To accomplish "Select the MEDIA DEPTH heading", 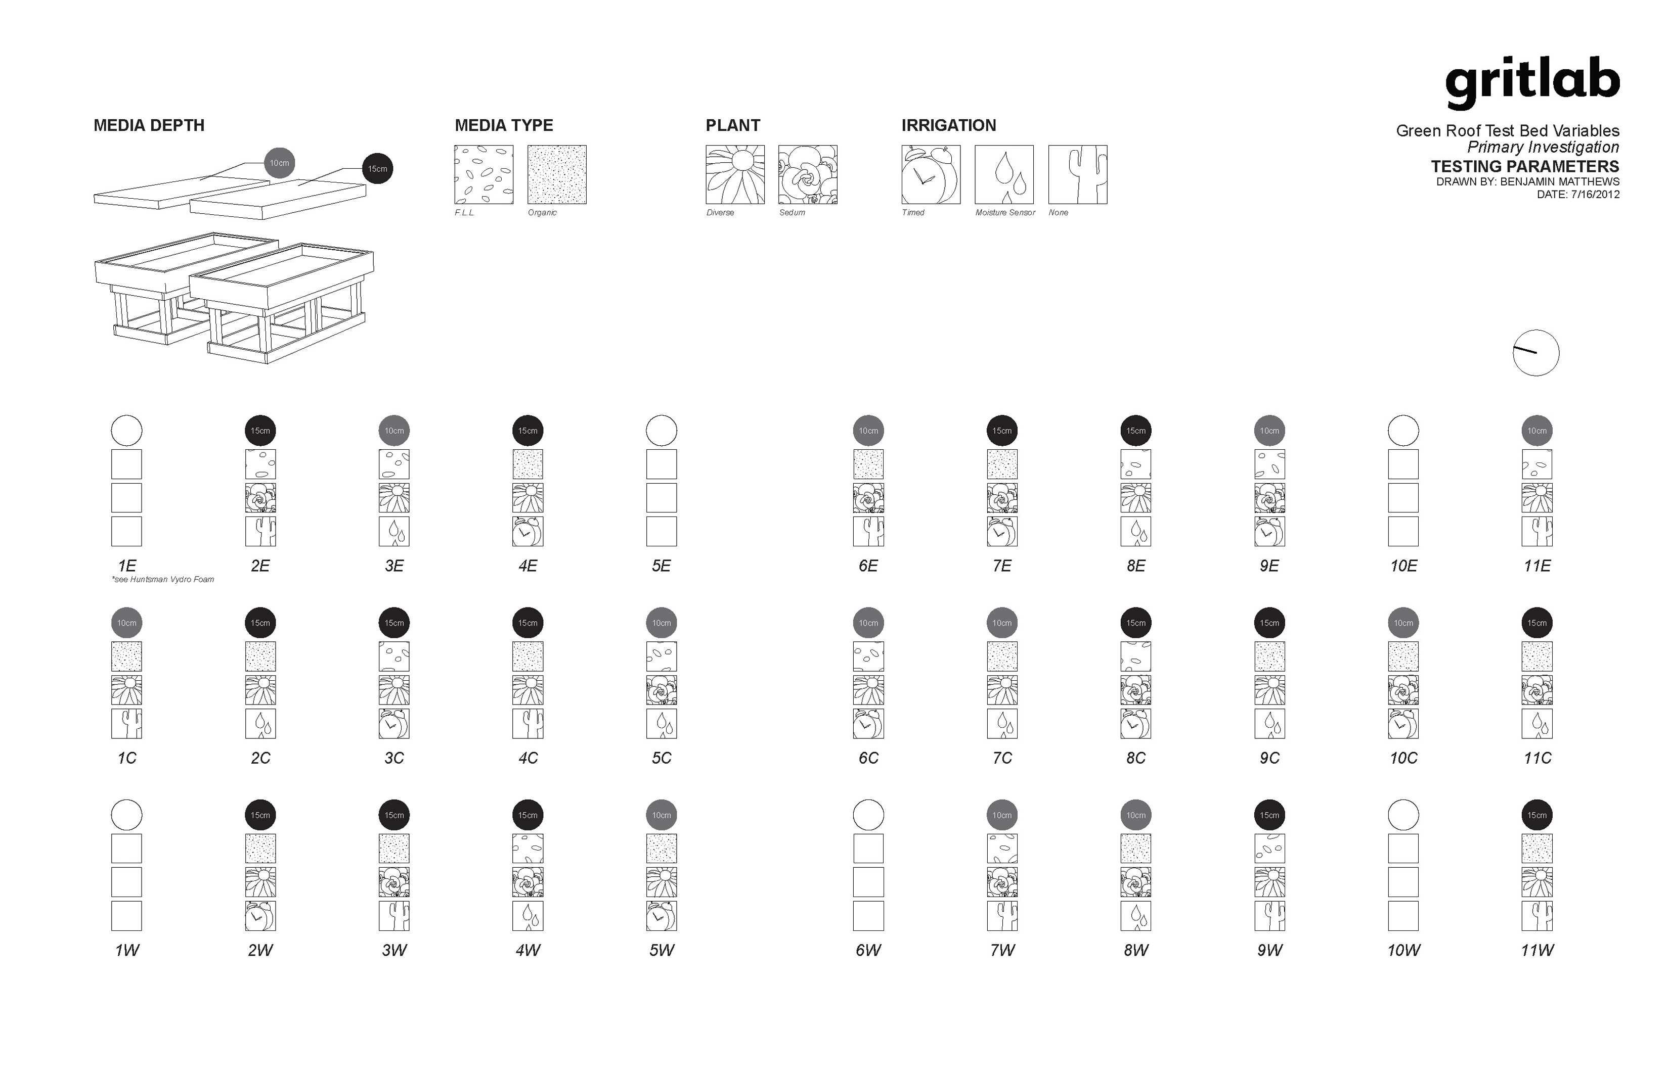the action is coord(149,125).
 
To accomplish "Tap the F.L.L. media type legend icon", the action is coord(484,174).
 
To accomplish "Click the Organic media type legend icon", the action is coord(556,174).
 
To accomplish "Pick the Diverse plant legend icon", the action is coord(734,174).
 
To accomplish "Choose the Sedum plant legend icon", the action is coord(808,174).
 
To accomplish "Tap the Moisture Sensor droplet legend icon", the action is coord(1004,174).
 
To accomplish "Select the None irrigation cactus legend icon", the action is coord(1077,174).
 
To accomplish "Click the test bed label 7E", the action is coord(1002,566).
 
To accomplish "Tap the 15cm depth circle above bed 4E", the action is coord(528,430).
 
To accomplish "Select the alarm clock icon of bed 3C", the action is coord(394,724).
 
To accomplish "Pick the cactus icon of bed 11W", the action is coord(1537,916).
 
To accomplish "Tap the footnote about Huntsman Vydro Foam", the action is coord(163,580).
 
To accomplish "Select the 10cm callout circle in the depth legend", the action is coord(279,163).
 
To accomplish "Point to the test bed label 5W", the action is coord(662,951).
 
